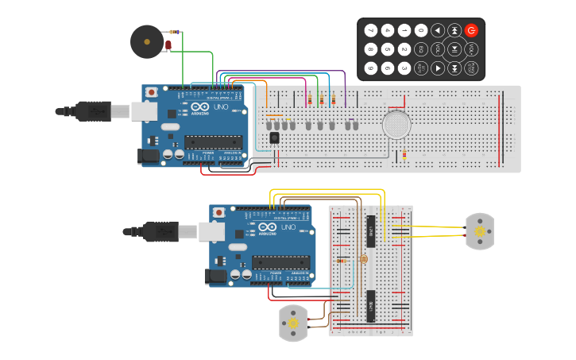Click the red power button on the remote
[471, 30]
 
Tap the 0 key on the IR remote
[421, 30]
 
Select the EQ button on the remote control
[421, 49]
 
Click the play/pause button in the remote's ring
[454, 49]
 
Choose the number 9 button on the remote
[371, 68]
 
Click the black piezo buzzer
[147, 41]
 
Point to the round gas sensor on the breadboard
[397, 125]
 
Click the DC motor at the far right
[479, 231]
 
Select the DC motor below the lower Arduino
[293, 323]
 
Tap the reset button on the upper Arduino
[151, 93]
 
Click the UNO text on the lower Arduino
[287, 226]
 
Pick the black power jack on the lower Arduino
[215, 277]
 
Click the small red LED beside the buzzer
[168, 45]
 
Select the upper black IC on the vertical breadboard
[370, 230]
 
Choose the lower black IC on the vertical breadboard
[370, 305]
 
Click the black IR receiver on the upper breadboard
[274, 137]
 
